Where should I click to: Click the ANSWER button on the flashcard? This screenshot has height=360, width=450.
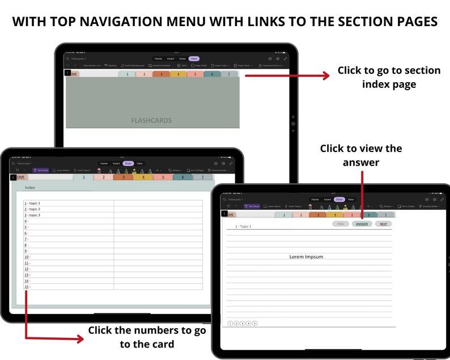(362, 224)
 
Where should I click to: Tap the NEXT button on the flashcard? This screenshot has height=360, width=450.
(383, 224)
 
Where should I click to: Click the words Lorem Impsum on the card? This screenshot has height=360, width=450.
(306, 257)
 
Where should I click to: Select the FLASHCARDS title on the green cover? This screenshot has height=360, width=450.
(151, 120)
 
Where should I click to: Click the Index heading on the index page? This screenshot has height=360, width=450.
(30, 188)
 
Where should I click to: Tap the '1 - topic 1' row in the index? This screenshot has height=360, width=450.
(32, 203)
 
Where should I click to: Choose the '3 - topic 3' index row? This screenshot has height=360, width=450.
(32, 215)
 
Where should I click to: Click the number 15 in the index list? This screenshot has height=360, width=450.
(26, 287)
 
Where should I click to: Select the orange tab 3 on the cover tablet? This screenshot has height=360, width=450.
(161, 74)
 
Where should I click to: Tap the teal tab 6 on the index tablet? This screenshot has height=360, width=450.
(182, 177)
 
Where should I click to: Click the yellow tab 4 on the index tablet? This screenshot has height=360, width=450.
(143, 177)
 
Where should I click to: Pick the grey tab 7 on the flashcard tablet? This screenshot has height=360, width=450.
(386, 215)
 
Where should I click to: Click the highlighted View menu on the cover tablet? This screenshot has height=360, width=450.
(194, 58)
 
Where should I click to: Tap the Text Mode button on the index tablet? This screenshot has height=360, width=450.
(40, 170)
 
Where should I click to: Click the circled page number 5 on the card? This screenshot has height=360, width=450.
(255, 323)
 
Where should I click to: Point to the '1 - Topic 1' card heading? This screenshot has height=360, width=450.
(243, 226)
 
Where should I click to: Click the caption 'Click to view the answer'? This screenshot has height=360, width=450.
(361, 155)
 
